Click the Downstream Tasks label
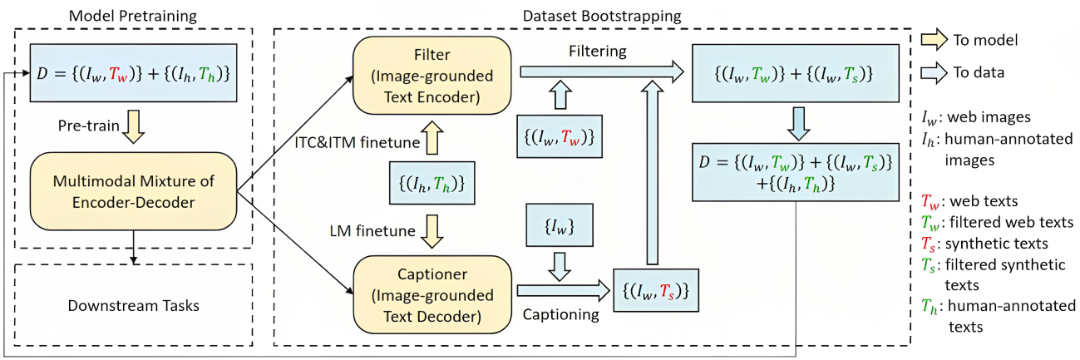(133, 305)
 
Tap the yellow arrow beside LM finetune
(432, 232)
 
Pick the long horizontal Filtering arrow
(599, 74)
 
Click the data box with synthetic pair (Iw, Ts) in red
(654, 291)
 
